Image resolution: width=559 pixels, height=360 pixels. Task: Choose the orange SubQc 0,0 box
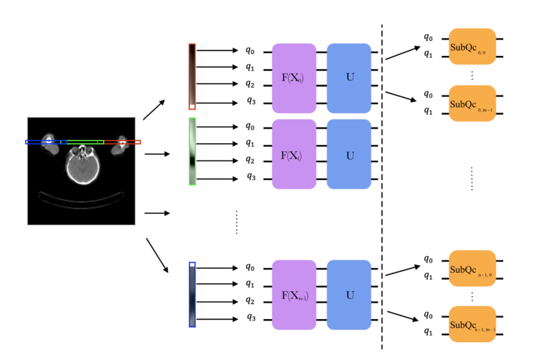[472, 46]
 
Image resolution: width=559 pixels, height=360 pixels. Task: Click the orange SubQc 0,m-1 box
[472, 103]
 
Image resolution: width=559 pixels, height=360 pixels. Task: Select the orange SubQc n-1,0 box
[472, 268]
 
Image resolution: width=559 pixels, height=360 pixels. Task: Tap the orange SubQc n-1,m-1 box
[472, 324]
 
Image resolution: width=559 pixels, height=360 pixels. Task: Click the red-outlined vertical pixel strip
[192, 76]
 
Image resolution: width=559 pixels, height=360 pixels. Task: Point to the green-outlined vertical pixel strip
[192, 151]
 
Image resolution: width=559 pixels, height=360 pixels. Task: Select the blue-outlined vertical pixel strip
[192, 295]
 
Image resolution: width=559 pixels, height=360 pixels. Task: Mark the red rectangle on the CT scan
[123, 142]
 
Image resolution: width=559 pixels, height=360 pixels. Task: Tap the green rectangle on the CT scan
[85, 142]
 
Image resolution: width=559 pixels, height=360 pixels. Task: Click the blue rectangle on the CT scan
[46, 142]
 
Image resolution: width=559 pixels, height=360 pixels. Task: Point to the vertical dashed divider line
[382, 184]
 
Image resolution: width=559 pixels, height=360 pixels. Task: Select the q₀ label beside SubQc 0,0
[427, 37]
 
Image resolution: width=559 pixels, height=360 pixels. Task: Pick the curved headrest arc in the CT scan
[82, 200]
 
